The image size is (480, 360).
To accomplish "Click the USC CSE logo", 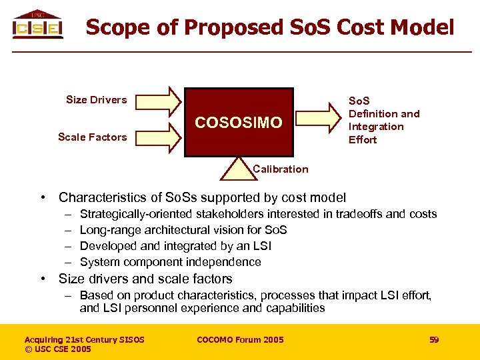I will [x=37, y=25].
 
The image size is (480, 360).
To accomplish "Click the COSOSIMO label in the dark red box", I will [x=238, y=123].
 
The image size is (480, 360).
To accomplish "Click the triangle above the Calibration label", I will [x=237, y=167].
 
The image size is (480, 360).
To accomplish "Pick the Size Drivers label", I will [x=96, y=100].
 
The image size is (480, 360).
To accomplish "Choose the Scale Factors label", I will [x=92, y=137].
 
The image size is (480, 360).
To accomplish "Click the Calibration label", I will [x=281, y=169].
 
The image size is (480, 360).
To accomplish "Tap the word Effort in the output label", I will [x=363, y=140].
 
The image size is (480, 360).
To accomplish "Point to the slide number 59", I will [x=434, y=340].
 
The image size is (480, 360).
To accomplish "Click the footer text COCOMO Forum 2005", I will [x=240, y=340].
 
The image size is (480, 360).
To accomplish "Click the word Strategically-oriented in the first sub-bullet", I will [x=136, y=214].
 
